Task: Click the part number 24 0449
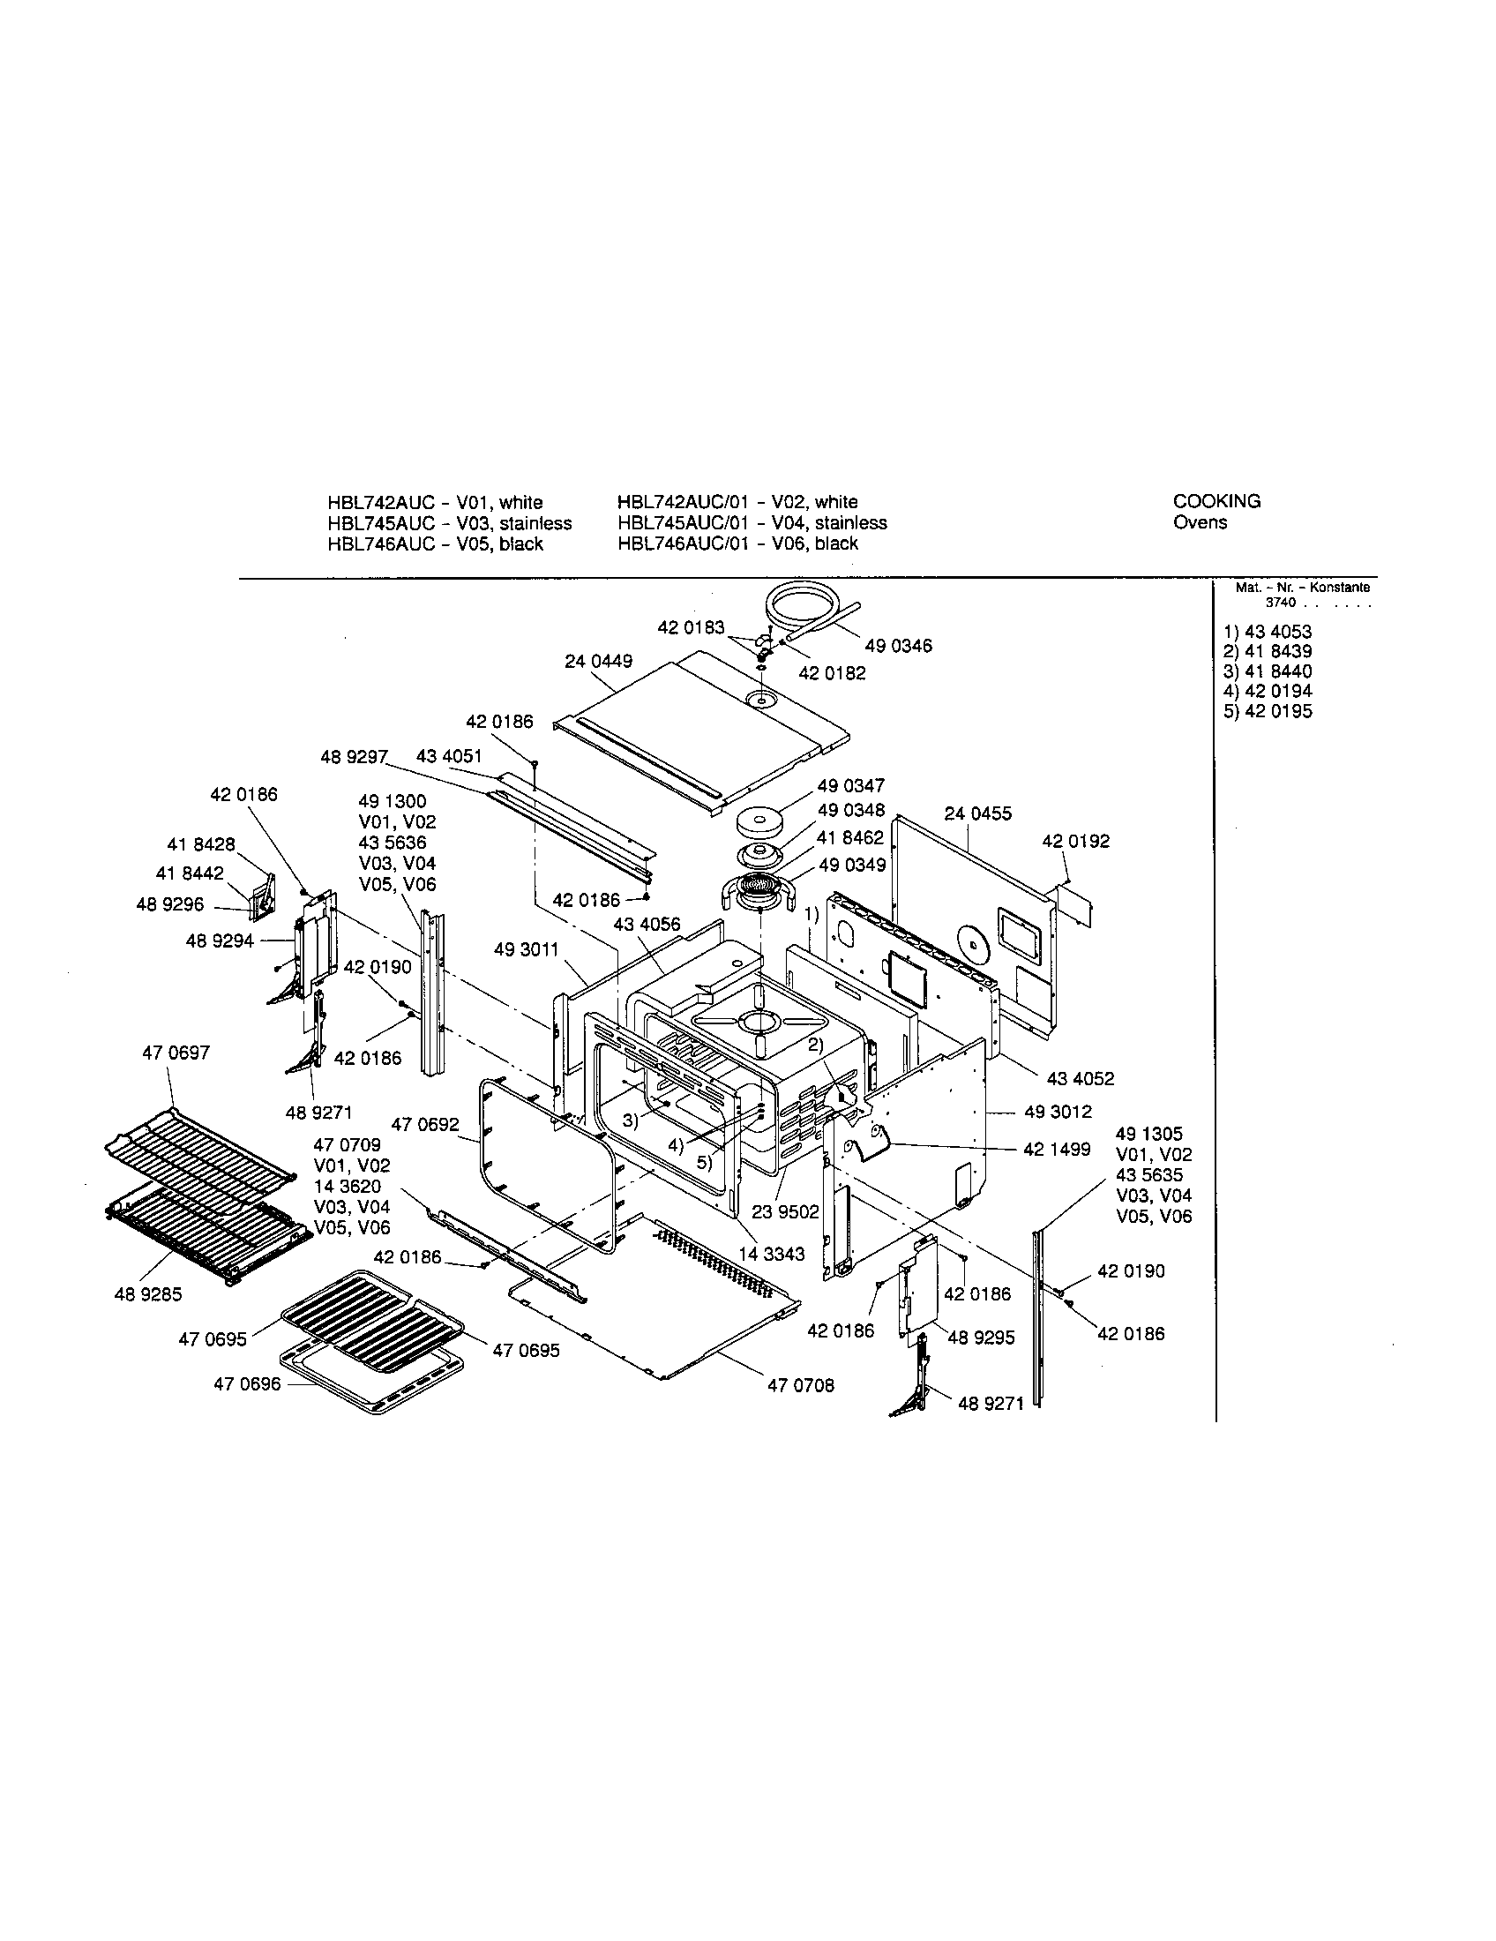coord(598,661)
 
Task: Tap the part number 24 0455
coord(977,813)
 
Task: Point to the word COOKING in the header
coord(1216,501)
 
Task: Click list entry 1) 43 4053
coord(1268,632)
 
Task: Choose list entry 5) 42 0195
coord(1268,711)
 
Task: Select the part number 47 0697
coord(176,1053)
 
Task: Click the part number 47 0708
coord(800,1385)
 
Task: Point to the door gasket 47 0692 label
coord(424,1125)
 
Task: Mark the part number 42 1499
coord(1056,1149)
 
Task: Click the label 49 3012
coord(1057,1112)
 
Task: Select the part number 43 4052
coord(1081,1079)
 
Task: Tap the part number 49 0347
coord(851,785)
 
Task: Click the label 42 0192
coord(1076,841)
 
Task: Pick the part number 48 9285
coord(147,1295)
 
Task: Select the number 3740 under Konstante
coord(1280,603)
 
